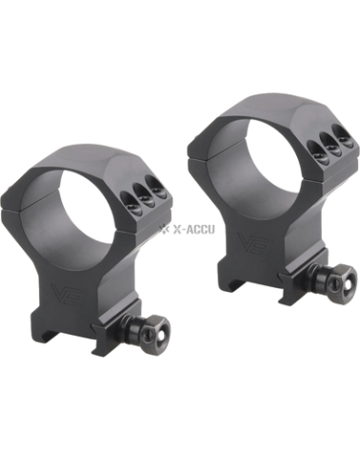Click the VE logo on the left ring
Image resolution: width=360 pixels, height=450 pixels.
click(x=67, y=293)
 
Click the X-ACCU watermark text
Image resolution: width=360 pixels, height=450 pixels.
click(x=193, y=229)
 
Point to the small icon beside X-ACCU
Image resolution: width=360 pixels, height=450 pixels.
click(x=165, y=229)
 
